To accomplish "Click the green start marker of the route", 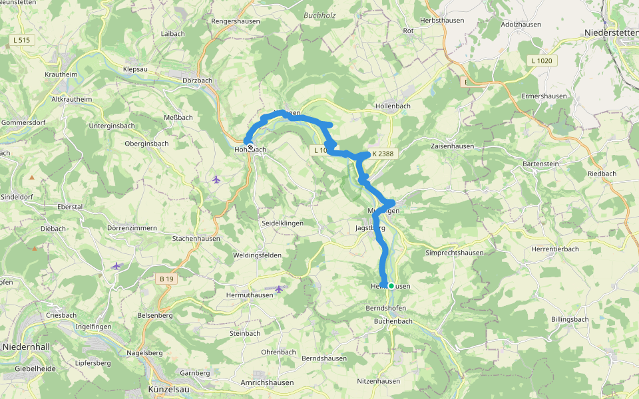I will tap(391, 286).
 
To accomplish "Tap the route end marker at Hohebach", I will tap(250, 147).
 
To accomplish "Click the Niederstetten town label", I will tap(610, 33).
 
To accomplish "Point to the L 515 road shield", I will tap(21, 41).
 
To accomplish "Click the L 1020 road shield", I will tap(542, 61).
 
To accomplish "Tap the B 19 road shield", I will tap(166, 279).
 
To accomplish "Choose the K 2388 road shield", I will tap(383, 153).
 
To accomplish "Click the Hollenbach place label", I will tap(393, 106).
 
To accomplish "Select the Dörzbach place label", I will tap(196, 80).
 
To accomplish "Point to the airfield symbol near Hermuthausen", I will tap(279, 289).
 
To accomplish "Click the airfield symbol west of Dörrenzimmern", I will tap(116, 266).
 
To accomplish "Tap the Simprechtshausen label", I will tap(455, 253).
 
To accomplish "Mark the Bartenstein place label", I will tap(543, 164).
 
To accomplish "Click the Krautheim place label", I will tap(61, 74).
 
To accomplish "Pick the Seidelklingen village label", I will tap(282, 223).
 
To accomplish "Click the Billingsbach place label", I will tap(570, 319).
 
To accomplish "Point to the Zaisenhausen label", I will tap(453, 146).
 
